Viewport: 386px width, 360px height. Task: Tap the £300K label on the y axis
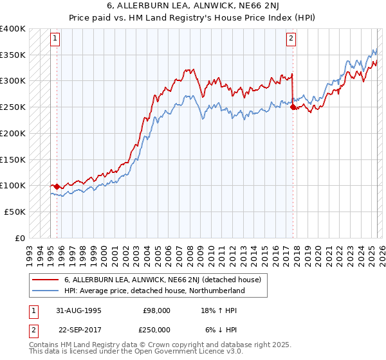pos(13,81)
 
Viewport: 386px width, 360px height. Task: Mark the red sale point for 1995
pos(57,186)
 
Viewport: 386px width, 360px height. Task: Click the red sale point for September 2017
pos(293,107)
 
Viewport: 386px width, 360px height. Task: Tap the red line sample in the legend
pos(45,280)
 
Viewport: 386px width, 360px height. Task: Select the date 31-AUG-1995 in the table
pos(78,310)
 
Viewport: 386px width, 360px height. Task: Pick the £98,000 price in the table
pos(156,310)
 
